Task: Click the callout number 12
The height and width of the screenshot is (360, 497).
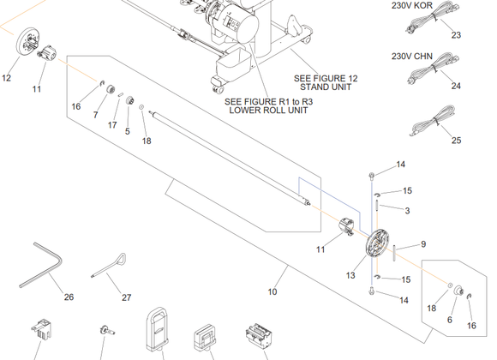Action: tap(6, 78)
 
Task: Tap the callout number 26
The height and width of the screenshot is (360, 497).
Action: tap(69, 297)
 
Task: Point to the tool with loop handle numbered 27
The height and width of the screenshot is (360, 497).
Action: tap(111, 264)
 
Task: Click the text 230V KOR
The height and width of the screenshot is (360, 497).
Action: tap(411, 5)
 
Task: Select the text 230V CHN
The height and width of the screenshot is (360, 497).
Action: tap(411, 56)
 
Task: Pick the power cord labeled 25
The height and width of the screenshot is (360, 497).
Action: tap(434, 121)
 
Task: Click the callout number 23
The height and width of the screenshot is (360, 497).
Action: tap(456, 35)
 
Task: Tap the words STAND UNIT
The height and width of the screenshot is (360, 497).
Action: tap(326, 87)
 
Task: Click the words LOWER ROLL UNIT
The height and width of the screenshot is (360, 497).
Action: tap(268, 111)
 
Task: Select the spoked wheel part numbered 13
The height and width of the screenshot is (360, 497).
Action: tap(376, 243)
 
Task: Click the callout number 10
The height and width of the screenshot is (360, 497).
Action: tap(272, 291)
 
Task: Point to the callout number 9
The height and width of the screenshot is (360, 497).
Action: tap(423, 244)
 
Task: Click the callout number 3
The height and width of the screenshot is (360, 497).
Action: tap(407, 211)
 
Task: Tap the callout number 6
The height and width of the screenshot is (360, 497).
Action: tap(450, 320)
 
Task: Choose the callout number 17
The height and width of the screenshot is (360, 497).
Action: tap(112, 125)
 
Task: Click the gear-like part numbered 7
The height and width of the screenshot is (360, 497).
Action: tap(110, 89)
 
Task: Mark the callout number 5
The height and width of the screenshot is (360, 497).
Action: tap(128, 131)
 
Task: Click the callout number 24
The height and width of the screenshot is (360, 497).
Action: tap(456, 86)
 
